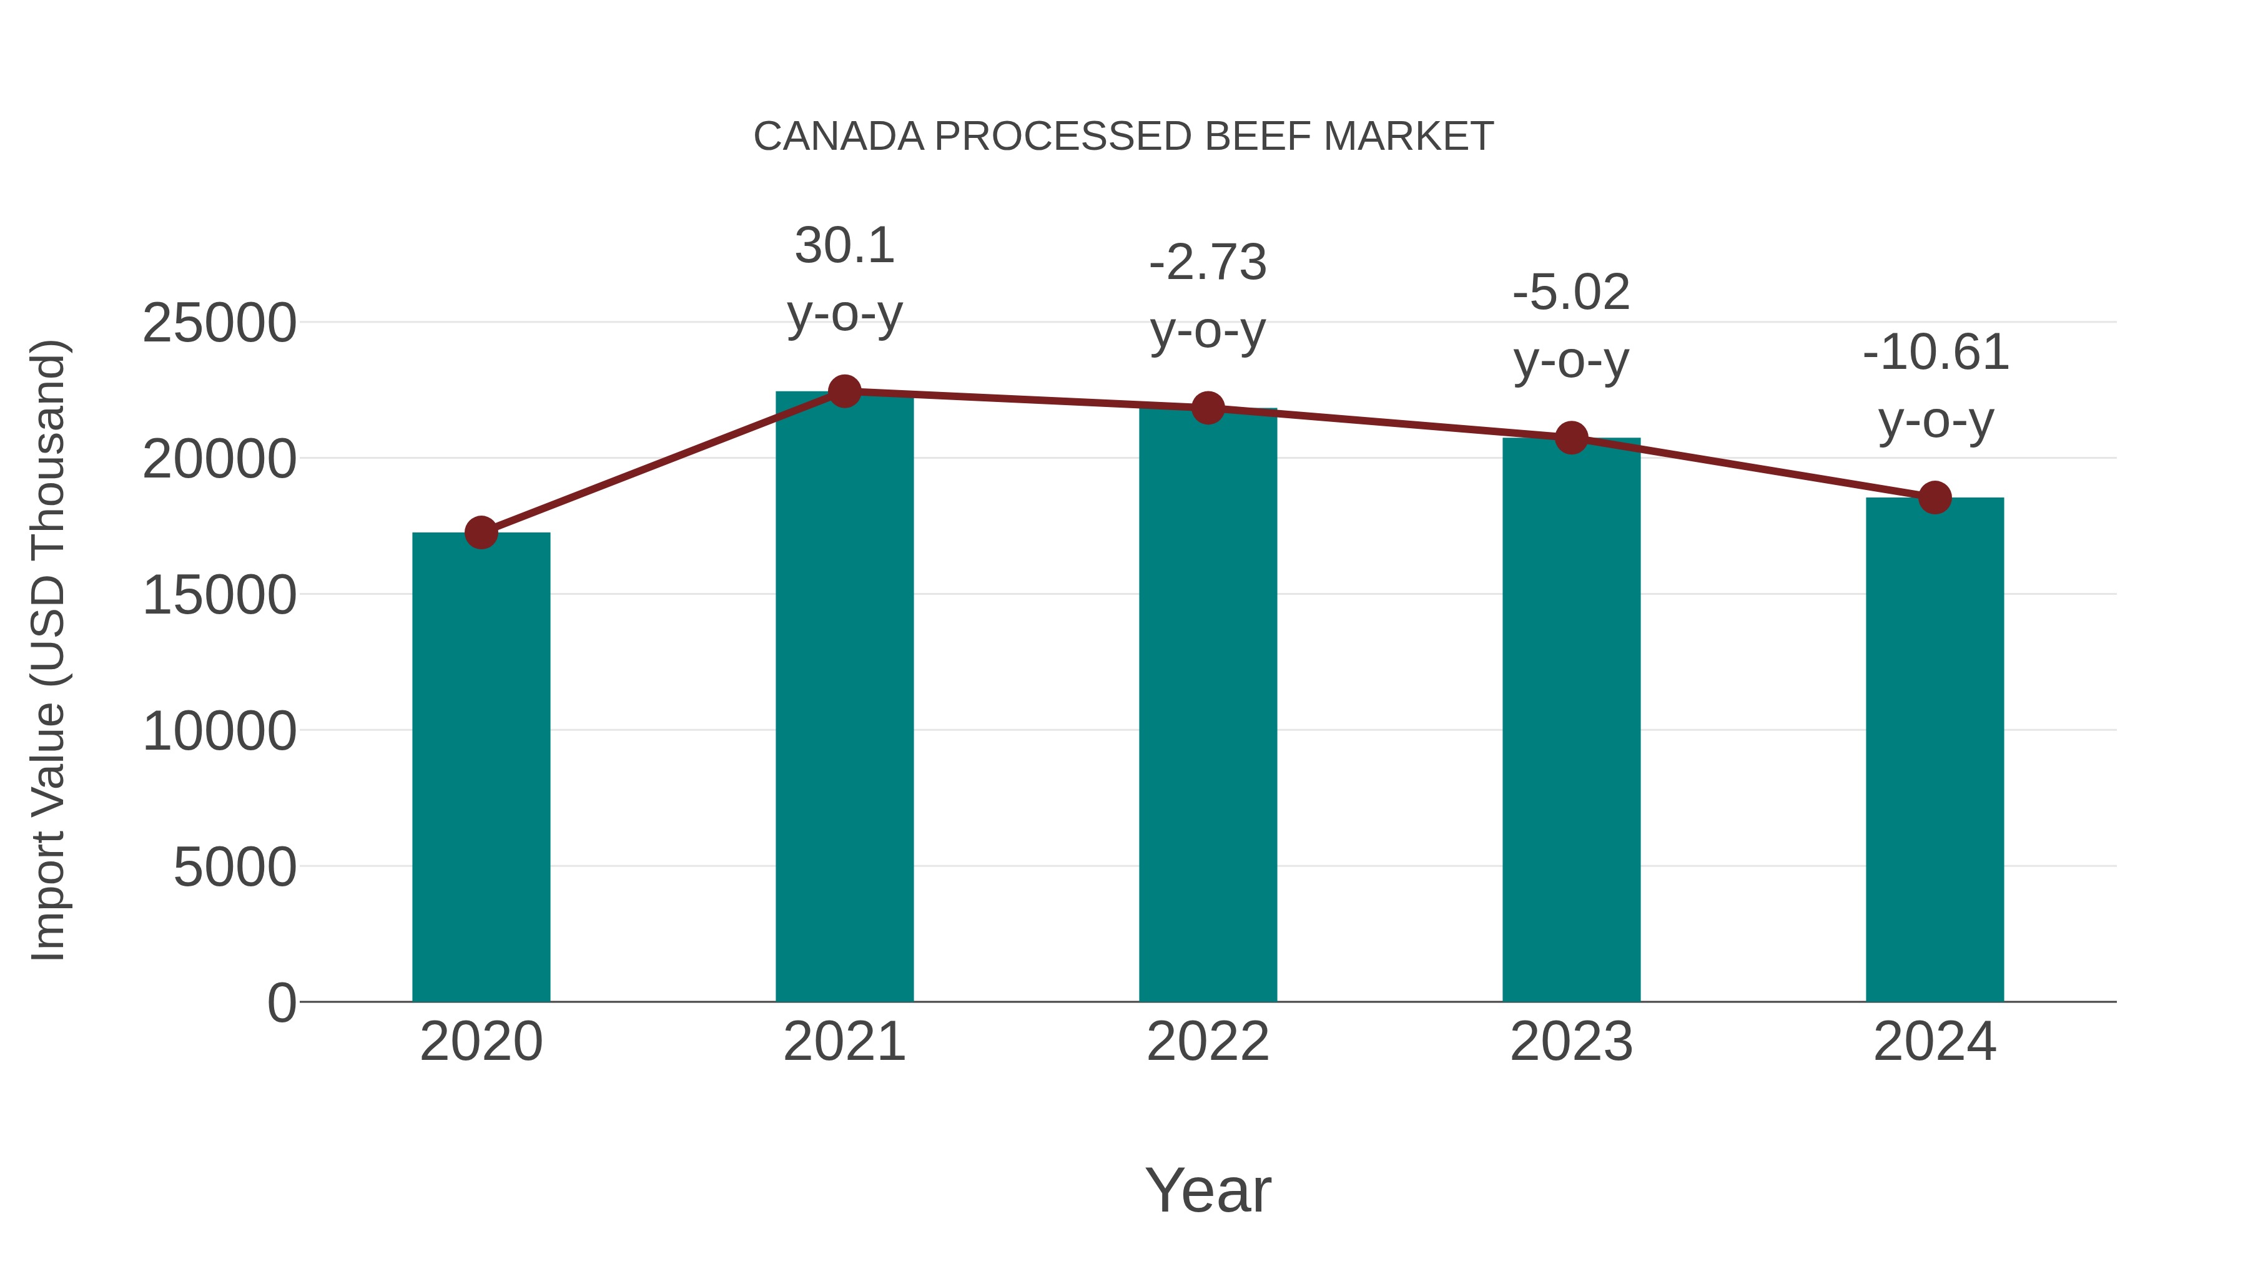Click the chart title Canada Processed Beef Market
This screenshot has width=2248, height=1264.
coord(1123,137)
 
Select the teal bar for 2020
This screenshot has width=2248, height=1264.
coord(481,768)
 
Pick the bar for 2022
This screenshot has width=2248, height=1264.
coord(1208,707)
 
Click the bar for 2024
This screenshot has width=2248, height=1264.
coord(1935,750)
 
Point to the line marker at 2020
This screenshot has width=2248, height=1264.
coord(481,532)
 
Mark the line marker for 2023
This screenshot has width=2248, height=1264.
coord(1571,438)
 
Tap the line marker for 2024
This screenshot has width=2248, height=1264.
coord(1935,497)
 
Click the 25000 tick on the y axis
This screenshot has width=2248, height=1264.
coord(219,323)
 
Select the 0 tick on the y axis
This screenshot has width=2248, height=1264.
coord(281,1003)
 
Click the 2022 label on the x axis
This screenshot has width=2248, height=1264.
coord(1208,1042)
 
